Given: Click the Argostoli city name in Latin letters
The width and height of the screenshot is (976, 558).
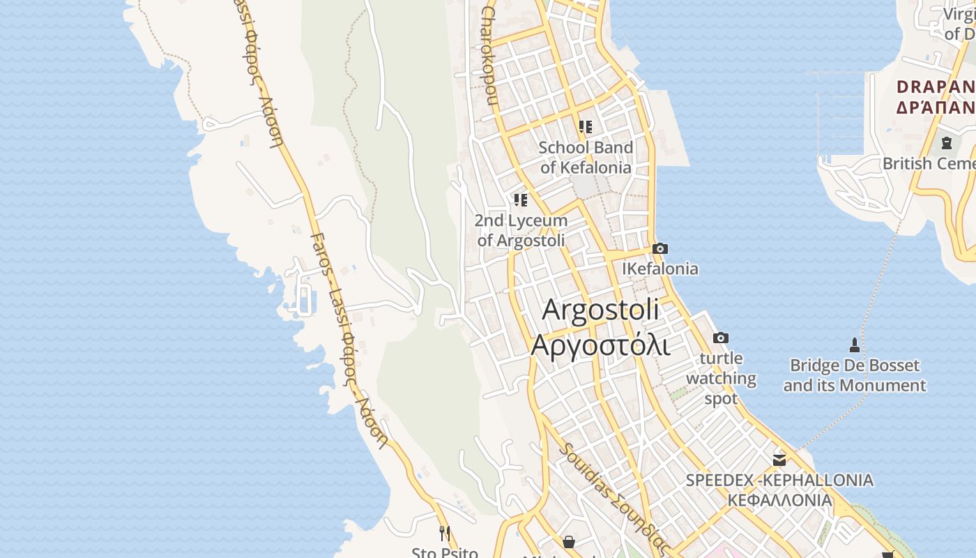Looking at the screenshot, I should [600, 310].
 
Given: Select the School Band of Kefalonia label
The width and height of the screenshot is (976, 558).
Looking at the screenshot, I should [586, 158].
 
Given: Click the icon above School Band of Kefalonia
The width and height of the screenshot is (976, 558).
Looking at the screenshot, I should [586, 126].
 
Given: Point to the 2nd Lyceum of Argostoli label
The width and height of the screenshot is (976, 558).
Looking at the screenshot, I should [521, 230].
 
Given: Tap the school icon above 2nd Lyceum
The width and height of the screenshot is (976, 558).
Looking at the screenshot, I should [521, 200].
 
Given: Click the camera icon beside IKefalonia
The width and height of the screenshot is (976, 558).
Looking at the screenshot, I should [659, 248].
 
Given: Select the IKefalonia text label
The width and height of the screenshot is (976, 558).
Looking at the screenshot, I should [659, 269].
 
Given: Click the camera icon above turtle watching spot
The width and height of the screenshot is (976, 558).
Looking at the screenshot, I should [721, 338].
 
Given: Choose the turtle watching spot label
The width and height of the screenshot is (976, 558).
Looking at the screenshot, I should [721, 379].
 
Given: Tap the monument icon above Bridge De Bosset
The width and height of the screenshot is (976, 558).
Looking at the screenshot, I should [854, 345].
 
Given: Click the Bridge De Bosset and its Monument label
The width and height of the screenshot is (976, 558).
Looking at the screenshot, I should [854, 375].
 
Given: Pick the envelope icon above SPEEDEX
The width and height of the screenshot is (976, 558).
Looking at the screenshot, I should [779, 460].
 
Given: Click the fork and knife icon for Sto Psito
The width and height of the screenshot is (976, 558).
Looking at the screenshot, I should [444, 534].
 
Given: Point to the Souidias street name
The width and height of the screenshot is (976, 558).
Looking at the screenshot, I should [613, 497].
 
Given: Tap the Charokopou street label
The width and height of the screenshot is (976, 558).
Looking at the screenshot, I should [489, 56].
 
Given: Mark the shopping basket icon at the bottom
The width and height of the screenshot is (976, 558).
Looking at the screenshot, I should [569, 542].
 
